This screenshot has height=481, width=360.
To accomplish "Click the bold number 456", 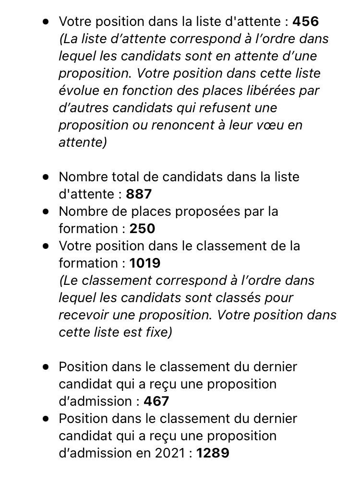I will pos(306,22).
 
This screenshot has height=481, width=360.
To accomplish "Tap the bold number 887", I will pos(139,194).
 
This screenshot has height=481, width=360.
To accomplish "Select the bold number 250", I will pos(142,229).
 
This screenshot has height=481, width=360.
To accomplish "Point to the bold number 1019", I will pos(145,263).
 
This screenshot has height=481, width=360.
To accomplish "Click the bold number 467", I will pos(156,401).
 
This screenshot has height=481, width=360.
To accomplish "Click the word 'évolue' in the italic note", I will pos(79,91).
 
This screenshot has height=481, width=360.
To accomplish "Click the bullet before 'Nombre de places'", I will pos(46,211).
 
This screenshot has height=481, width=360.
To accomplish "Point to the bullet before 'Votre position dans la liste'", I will pos(46,22).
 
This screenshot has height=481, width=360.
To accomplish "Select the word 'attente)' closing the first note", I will pos(83,142).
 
